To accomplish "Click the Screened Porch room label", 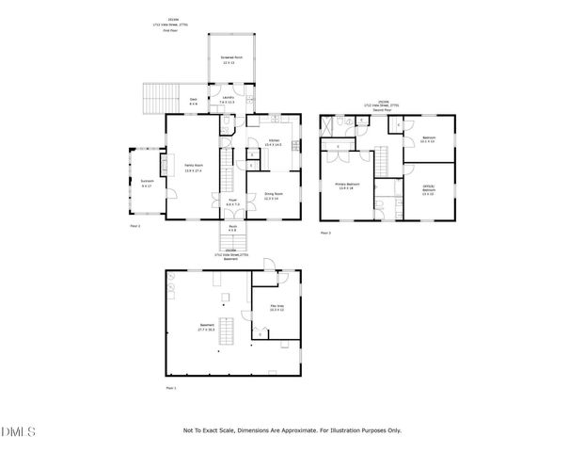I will pos(227,61).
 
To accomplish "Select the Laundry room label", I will pos(228,99).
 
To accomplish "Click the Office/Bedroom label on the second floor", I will pos(428,191).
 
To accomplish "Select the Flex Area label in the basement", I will pos(277,308).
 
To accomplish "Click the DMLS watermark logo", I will pos(18,432).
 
